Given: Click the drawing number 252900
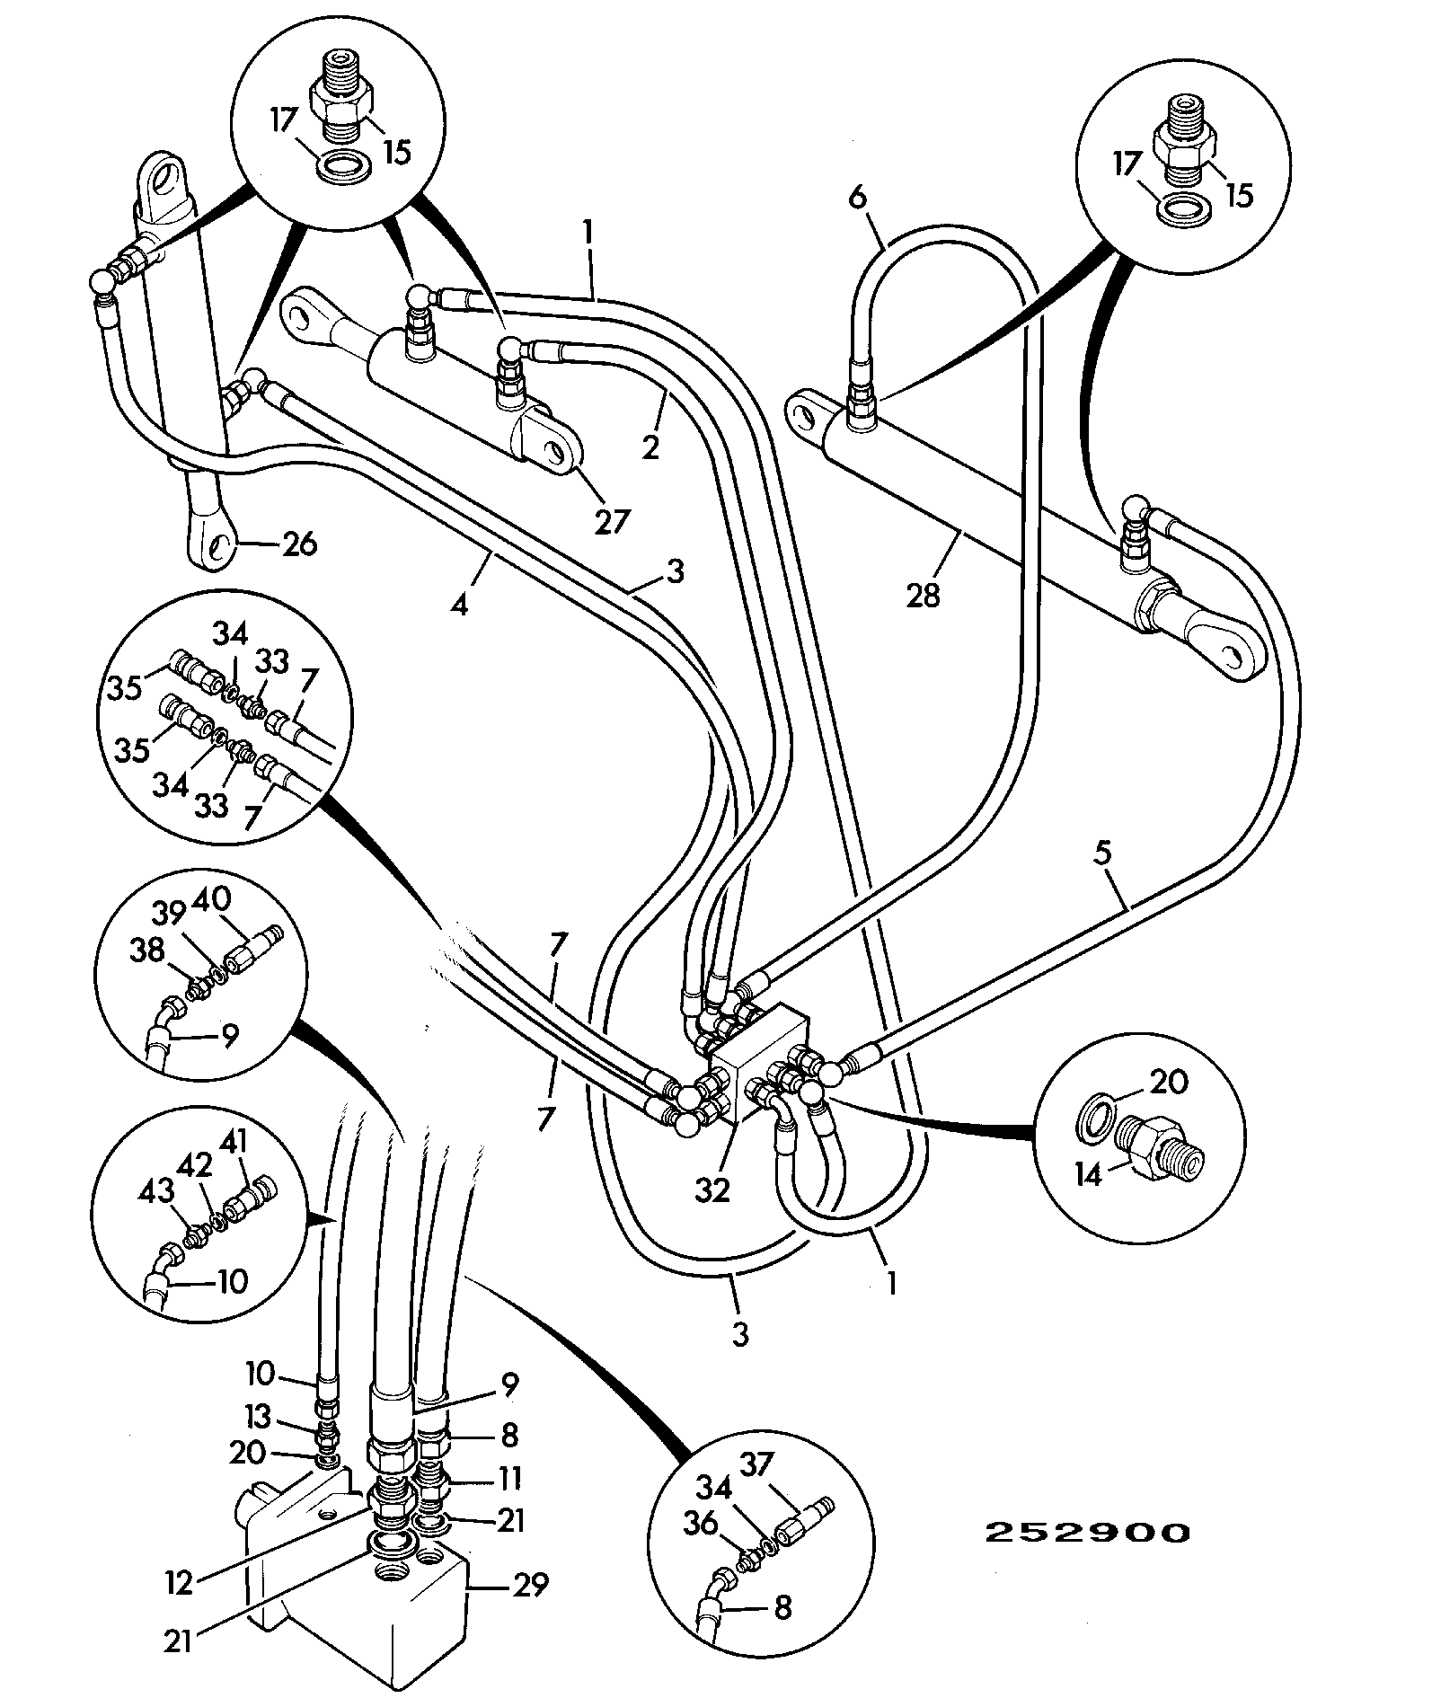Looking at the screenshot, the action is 1088,1533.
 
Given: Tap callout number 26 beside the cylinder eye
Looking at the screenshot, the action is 299,544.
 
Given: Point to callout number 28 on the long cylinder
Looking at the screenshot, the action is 923,595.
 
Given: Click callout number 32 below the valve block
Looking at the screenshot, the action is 712,1189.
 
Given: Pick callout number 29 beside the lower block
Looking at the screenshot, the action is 529,1586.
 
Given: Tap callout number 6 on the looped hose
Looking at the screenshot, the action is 859,197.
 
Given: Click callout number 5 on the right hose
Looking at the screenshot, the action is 1102,853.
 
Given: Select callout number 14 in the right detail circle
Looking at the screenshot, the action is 1088,1172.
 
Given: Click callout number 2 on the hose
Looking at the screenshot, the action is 650,447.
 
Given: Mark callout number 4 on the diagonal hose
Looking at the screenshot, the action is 459,605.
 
